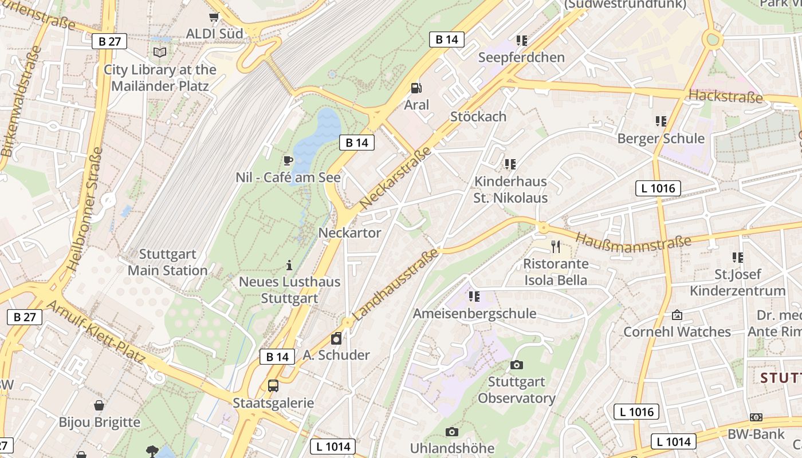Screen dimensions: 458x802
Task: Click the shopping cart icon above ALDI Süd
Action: click(214, 17)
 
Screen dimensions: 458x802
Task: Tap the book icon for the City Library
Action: click(160, 53)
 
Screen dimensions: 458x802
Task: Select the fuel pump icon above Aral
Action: click(416, 88)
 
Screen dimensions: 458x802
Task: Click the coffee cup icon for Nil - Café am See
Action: click(288, 160)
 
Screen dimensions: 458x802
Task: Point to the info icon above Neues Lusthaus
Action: click(289, 265)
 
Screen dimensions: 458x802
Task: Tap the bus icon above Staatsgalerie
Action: click(273, 386)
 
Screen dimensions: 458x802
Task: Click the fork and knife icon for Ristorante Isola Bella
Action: click(556, 247)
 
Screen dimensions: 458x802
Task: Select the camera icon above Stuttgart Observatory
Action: click(517, 365)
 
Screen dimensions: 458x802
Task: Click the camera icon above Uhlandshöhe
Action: click(452, 432)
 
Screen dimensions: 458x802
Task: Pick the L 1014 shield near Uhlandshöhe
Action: click(333, 447)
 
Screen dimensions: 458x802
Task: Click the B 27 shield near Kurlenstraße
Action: click(109, 41)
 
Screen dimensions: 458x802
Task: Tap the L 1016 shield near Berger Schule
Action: click(658, 188)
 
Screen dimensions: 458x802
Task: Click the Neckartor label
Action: click(349, 233)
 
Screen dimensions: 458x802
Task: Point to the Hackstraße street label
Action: click(726, 96)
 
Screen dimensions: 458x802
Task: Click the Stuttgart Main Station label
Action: click(167, 262)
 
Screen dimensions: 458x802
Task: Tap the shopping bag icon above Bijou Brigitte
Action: click(99, 405)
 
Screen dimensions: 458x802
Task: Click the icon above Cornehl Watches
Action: click(677, 315)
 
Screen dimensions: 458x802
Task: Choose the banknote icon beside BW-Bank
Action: click(756, 418)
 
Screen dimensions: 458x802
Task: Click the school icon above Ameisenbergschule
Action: click(474, 296)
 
